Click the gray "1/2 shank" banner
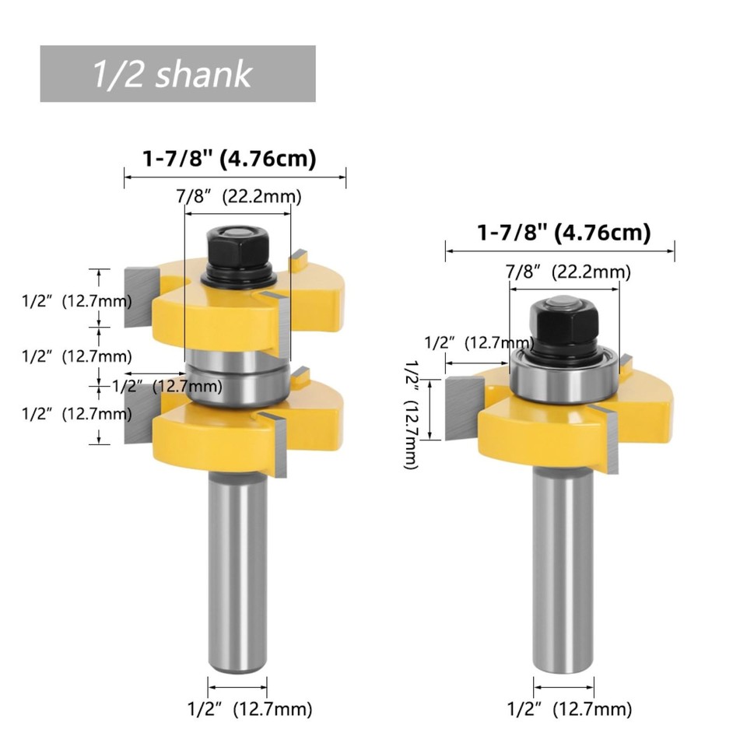click(x=177, y=74)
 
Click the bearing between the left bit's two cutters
click(x=237, y=377)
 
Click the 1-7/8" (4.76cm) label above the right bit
click(x=563, y=232)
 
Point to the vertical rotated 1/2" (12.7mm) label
click(x=411, y=412)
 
